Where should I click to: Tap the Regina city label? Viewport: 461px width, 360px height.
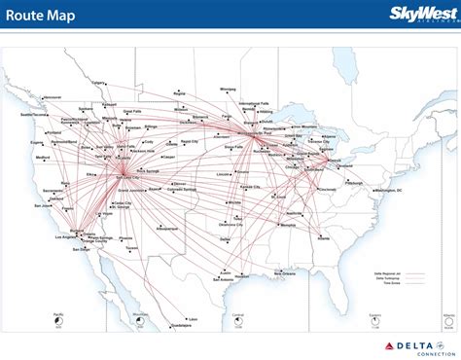(x=179, y=92)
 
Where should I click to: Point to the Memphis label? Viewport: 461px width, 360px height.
(x=288, y=226)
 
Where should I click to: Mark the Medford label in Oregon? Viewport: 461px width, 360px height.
(x=42, y=157)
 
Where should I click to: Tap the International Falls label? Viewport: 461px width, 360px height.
(x=256, y=103)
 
